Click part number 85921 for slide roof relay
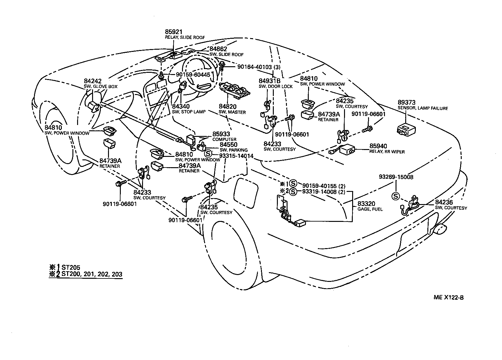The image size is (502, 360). [x=174, y=32]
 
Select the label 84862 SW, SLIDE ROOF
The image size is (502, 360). [x=218, y=49]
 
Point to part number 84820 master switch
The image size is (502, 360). [x=227, y=107]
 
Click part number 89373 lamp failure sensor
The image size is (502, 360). [x=406, y=103]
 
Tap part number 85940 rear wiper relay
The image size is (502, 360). [x=378, y=146]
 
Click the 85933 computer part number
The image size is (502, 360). [x=221, y=134]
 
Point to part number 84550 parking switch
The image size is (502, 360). [x=229, y=145]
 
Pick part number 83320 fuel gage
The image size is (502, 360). [x=366, y=204]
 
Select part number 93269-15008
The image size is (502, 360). [x=396, y=177]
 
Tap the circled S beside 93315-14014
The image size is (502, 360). [x=208, y=153]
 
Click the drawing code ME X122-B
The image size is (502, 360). [x=448, y=297]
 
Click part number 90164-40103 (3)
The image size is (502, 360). [x=259, y=67]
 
